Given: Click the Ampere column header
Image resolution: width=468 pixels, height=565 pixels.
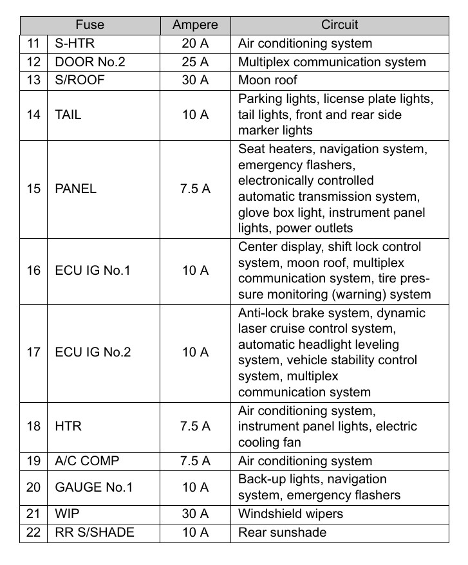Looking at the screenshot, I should pos(195,26).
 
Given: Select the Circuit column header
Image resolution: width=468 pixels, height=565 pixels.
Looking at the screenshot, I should pos(339,26).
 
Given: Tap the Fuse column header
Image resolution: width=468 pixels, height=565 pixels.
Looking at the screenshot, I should pos(89,26).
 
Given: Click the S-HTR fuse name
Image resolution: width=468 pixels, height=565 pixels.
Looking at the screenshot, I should pos(72,44).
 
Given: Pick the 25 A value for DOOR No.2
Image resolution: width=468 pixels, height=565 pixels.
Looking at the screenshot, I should pos(195,62).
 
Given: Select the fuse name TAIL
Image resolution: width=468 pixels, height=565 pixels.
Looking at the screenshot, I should pos(68,115).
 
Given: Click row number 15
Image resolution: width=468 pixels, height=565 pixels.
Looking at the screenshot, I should pos(33,189).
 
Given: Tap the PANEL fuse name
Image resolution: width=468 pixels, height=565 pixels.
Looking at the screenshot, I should pos(75,189).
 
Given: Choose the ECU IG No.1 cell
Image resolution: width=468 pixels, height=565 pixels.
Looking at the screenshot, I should pos(93,270).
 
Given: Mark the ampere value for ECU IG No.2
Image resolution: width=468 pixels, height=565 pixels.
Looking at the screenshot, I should pos(195,353).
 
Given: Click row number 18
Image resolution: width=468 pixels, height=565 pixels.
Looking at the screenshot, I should pos(33,426).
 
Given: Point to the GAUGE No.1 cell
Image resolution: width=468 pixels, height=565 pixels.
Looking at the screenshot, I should pos(94,487).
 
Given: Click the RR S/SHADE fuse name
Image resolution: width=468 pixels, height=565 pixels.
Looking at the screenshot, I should pos(95,532).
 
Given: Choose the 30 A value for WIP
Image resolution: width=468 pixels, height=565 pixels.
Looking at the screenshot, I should pos(195,514).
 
